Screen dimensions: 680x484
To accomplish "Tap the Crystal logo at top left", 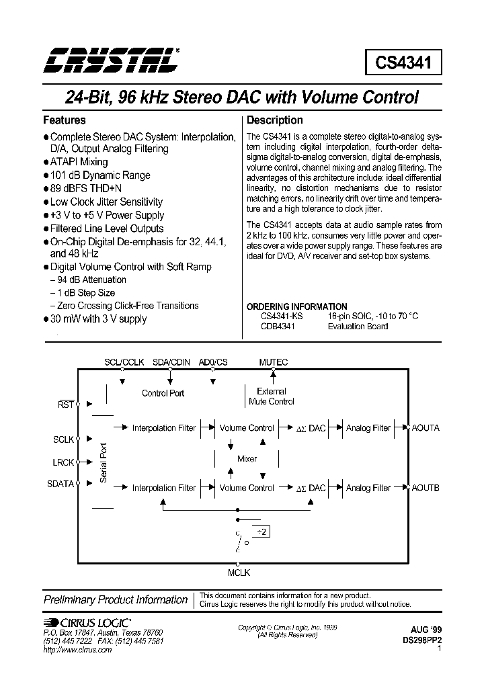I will coord(110,60).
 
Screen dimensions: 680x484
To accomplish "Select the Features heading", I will coord(65,120).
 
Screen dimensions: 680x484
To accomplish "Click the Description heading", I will coord(275,120).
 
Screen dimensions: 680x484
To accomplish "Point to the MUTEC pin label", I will coord(274,362).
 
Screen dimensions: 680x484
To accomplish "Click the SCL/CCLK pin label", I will coord(124,362).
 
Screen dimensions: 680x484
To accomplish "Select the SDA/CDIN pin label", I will coord(172,362).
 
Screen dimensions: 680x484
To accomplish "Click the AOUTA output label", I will coord(426,428).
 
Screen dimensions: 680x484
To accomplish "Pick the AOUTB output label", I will coord(426,488).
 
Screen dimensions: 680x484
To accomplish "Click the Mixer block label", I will coord(247,458).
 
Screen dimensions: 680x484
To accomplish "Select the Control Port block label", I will coord(163,393).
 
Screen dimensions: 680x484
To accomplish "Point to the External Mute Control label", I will coord(272,396).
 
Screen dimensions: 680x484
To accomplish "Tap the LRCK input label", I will coord(64,462).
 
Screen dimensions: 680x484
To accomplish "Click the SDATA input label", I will coord(61,484).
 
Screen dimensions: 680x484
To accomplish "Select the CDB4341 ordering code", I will coord(278,326).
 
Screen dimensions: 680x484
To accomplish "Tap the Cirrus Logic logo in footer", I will coord(87,622).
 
